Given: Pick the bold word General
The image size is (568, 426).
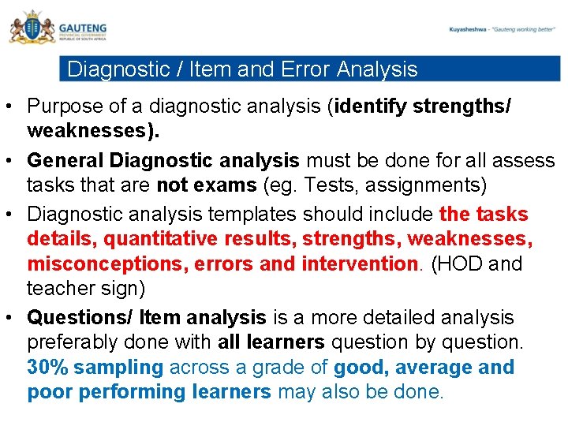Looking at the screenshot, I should coord(66,160).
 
